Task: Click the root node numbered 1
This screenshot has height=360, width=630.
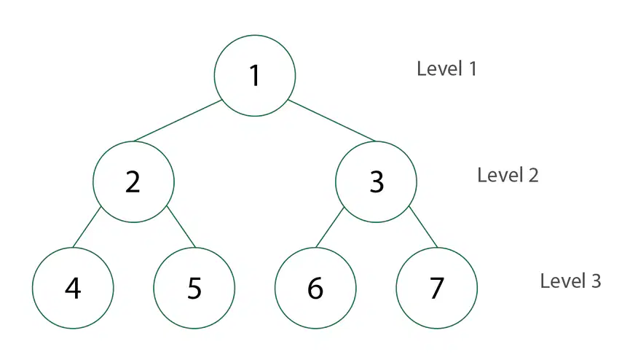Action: pyautogui.click(x=255, y=76)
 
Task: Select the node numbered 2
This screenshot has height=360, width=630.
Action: pyautogui.click(x=133, y=181)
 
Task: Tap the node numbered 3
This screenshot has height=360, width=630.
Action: pyautogui.click(x=376, y=181)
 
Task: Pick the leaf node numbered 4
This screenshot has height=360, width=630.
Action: pyautogui.click(x=73, y=288)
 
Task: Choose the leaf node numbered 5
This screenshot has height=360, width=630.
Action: pyautogui.click(x=194, y=288)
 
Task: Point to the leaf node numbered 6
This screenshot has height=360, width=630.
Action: pyautogui.click(x=315, y=288)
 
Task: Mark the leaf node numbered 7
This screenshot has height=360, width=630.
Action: pyautogui.click(x=437, y=288)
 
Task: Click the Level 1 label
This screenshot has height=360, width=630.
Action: pyautogui.click(x=446, y=69)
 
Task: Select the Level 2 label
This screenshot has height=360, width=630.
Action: pyautogui.click(x=508, y=175)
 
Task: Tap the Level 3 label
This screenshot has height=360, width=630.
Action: pyautogui.click(x=570, y=281)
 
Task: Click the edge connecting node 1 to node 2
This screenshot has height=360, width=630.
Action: pyautogui.click(x=178, y=121)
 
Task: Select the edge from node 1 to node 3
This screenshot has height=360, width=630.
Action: pyautogui.click(x=332, y=121)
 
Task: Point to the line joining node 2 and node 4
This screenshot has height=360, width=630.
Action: pyautogui.click(x=87, y=227)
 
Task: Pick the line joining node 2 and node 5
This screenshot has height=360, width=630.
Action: pyautogui.click(x=181, y=227)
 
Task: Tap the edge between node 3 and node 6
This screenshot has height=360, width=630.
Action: pyautogui.click(x=330, y=227)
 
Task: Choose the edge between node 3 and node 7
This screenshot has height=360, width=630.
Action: pyautogui.click(x=423, y=227)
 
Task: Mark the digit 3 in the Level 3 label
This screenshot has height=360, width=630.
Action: pyautogui.click(x=596, y=281)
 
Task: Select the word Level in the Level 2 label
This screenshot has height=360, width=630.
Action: pyautogui.click(x=500, y=175)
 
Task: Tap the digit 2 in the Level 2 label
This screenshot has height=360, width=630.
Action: pyautogui.click(x=534, y=176)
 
